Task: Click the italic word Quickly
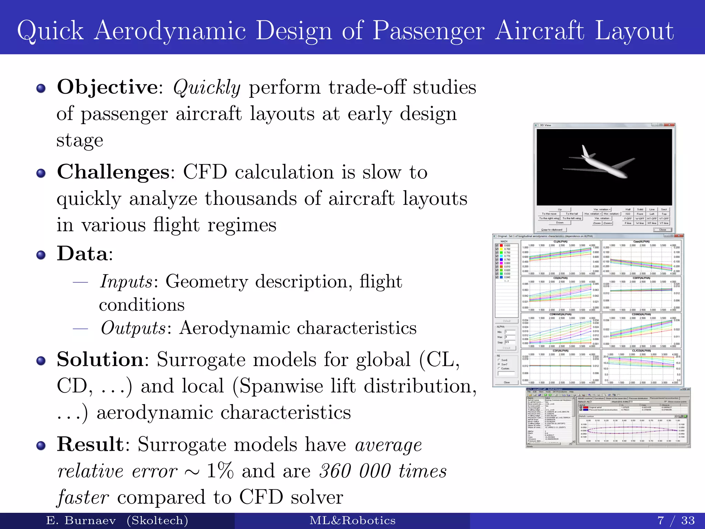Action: pos(207,87)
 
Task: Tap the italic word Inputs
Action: pos(126,282)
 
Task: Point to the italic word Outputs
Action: pos(134,328)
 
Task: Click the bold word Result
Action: pos(90,444)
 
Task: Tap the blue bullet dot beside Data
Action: pos(41,255)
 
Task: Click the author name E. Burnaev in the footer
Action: pos(81,520)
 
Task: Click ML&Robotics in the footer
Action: pos(352,520)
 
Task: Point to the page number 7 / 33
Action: pos(676,520)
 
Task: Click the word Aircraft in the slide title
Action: pos(539,30)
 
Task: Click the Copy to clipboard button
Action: pos(552,229)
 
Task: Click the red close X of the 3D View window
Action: pos(670,125)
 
